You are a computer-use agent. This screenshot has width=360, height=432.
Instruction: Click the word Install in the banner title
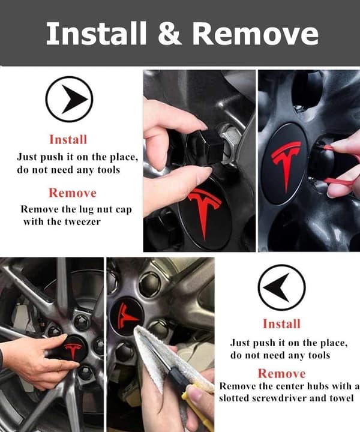(x=96, y=33)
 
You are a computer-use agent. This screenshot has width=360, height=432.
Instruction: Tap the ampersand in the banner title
(x=169, y=33)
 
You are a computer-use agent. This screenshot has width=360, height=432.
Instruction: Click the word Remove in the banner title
(x=256, y=33)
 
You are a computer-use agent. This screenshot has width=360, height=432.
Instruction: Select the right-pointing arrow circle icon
(x=69, y=99)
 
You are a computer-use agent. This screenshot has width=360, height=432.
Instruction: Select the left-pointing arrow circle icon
(x=281, y=287)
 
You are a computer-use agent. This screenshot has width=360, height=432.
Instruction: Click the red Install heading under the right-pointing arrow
(x=68, y=139)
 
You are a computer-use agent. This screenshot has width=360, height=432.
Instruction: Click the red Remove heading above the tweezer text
(x=73, y=193)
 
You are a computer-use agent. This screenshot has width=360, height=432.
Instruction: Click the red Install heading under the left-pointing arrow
(x=282, y=324)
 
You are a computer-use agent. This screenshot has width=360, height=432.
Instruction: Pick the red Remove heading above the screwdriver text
(x=282, y=374)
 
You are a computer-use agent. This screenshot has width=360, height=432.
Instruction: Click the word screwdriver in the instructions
(x=279, y=398)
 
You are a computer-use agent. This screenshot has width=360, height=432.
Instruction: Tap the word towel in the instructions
(x=342, y=398)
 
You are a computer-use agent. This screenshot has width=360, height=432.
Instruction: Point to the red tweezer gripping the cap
(x=341, y=166)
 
